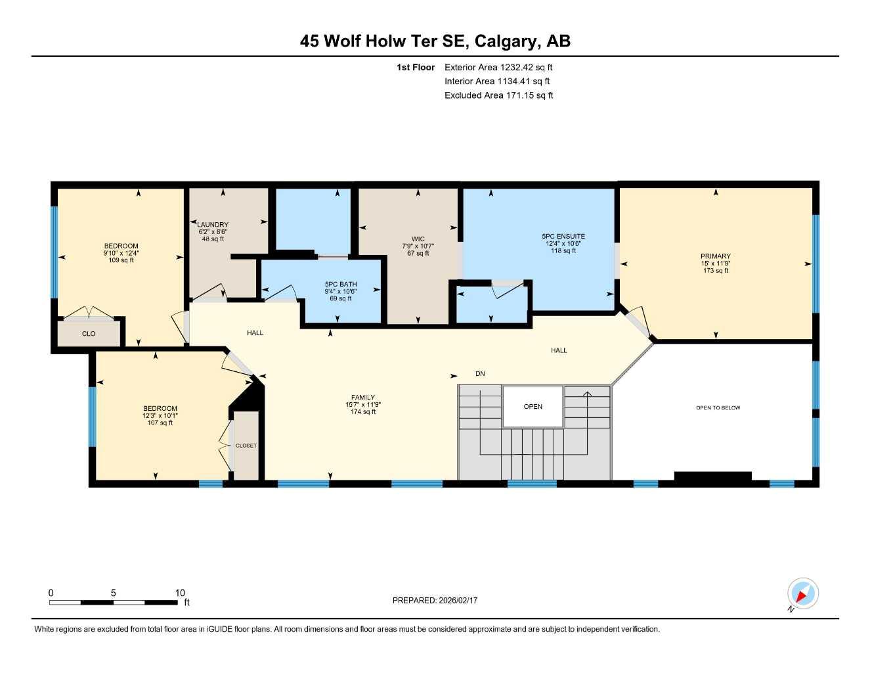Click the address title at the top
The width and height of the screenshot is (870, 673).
click(x=435, y=41)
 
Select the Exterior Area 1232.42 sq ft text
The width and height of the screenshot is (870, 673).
click(x=498, y=67)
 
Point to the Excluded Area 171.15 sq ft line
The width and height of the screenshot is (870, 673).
click(x=498, y=95)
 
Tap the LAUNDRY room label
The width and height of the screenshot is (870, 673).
click(x=213, y=225)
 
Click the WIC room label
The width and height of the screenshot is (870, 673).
click(x=418, y=239)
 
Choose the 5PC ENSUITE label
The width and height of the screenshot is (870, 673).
click(x=563, y=237)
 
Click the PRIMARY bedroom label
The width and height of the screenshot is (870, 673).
click(x=715, y=256)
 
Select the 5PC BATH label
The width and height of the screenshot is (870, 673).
click(x=341, y=285)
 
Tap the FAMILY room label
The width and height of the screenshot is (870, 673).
click(x=362, y=398)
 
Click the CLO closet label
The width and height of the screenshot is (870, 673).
click(x=89, y=334)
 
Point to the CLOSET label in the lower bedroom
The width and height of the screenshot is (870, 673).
click(x=246, y=446)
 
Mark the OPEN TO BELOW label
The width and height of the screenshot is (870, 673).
click(x=718, y=408)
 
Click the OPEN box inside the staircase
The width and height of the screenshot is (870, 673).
click(x=533, y=407)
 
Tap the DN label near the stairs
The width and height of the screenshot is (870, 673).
click(x=480, y=374)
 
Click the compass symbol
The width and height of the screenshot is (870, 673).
click(x=802, y=594)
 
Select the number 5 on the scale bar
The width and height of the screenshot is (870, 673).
click(x=114, y=593)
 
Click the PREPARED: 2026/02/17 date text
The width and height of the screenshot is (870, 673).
click(x=435, y=601)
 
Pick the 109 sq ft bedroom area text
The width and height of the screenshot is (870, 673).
click(x=121, y=261)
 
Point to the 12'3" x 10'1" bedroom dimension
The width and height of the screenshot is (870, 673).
click(x=160, y=416)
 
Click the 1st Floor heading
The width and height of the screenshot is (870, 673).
click(x=415, y=67)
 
